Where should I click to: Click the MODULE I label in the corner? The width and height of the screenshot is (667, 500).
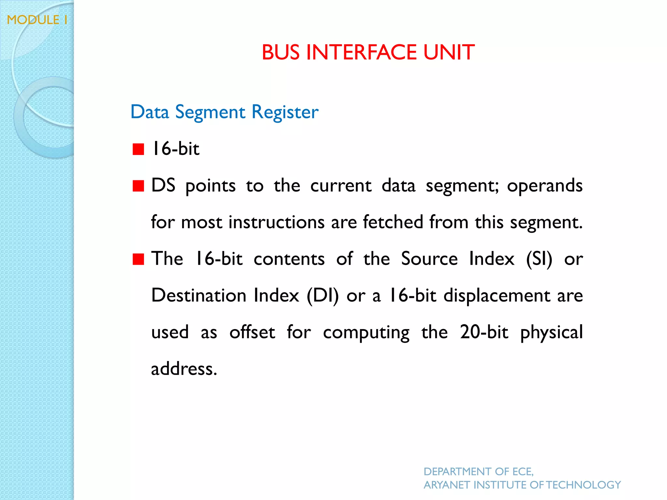click(x=37, y=20)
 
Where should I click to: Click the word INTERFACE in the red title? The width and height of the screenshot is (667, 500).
click(x=361, y=52)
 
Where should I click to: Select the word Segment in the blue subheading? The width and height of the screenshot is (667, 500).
click(x=210, y=113)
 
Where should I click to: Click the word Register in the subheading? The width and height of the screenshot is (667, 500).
click(x=285, y=113)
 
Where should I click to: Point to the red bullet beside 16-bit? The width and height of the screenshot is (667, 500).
click(x=138, y=149)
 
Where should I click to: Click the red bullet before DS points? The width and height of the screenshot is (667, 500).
click(x=138, y=186)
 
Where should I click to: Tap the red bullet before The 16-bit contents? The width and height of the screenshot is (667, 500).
click(x=138, y=260)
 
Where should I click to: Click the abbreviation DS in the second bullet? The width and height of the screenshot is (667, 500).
click(x=163, y=186)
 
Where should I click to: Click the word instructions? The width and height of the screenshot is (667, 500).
click(x=277, y=222)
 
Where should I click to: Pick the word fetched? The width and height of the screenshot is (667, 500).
click(x=393, y=222)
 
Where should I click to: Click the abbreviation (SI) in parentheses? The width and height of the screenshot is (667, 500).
click(x=539, y=259)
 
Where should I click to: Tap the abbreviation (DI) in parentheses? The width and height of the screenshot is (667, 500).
click(x=322, y=296)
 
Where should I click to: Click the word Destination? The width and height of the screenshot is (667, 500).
click(x=199, y=296)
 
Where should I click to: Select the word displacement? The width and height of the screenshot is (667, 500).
click(x=497, y=296)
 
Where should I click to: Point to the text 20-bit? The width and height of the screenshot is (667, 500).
click(x=484, y=332)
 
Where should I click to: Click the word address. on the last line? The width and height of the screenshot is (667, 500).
click(x=184, y=369)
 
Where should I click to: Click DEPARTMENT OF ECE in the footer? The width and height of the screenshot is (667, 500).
click(x=478, y=471)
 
